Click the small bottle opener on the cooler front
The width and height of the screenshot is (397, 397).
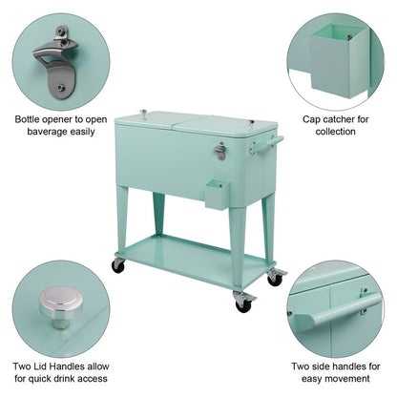click(220, 151)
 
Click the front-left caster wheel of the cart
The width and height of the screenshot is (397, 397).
click(118, 264)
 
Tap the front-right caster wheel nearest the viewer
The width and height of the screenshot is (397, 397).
click(244, 304)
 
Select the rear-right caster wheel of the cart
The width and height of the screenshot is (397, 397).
click(276, 277)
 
